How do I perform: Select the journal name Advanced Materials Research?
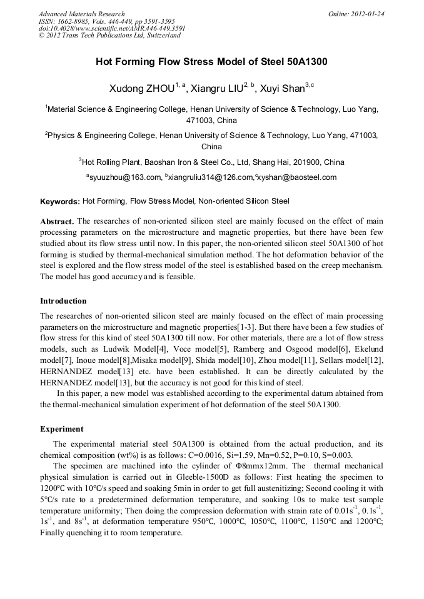[x=81, y=14]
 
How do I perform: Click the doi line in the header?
[x=112, y=28]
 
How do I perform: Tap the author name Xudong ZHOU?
[x=138, y=89]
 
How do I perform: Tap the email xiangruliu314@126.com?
[x=209, y=177]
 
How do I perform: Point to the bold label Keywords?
[x=59, y=202]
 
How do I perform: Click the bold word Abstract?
[x=57, y=222]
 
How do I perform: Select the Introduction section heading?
[x=63, y=300]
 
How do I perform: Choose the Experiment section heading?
[x=61, y=429]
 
